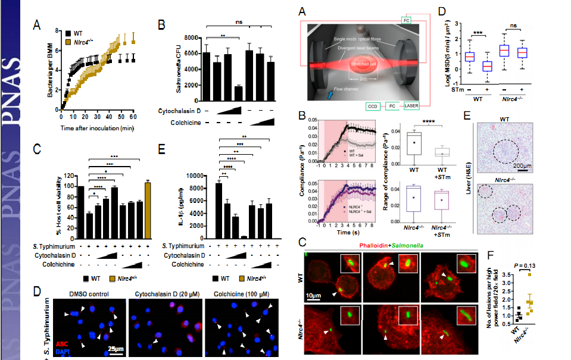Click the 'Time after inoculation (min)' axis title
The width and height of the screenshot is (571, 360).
[x=98, y=128]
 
